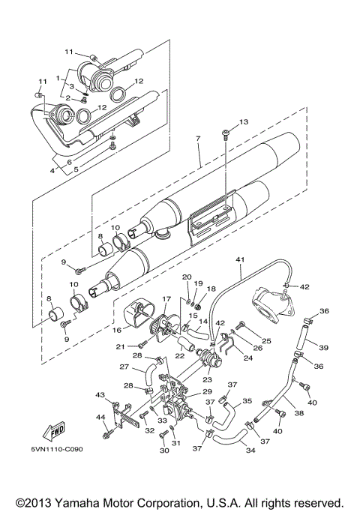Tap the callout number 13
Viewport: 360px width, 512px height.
(x=242, y=121)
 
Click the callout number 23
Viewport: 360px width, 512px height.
(x=206, y=380)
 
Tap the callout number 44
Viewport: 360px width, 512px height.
(x=100, y=417)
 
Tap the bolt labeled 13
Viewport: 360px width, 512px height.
(x=225, y=134)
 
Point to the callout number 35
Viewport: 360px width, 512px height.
(x=247, y=401)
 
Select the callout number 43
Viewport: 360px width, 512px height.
(x=100, y=394)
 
